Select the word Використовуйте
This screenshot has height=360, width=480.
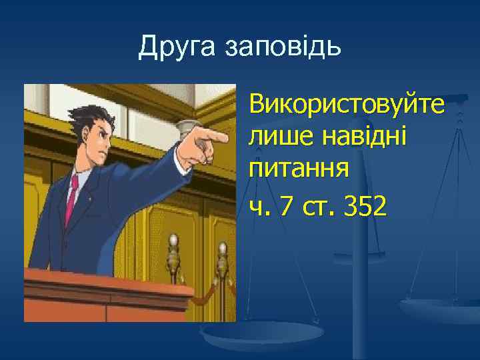[347, 105]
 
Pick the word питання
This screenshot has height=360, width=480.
[298, 169]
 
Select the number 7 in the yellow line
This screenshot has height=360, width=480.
[286, 208]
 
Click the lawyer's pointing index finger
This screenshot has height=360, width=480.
[216, 138]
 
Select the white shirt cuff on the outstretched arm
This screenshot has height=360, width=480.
[181, 155]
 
